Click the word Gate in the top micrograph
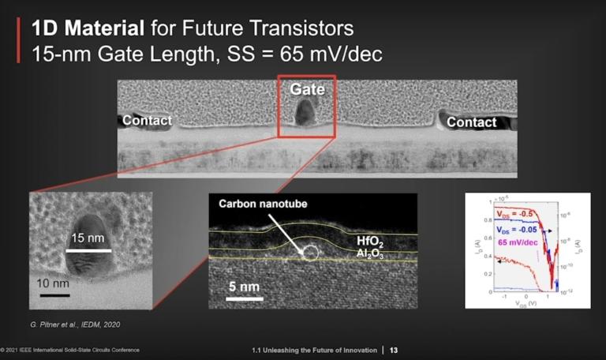click(307, 90)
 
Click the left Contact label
click(146, 121)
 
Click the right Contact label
click(472, 122)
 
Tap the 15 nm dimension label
click(87, 238)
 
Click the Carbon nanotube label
click(264, 204)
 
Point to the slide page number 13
click(394, 350)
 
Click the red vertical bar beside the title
click(17, 43)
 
